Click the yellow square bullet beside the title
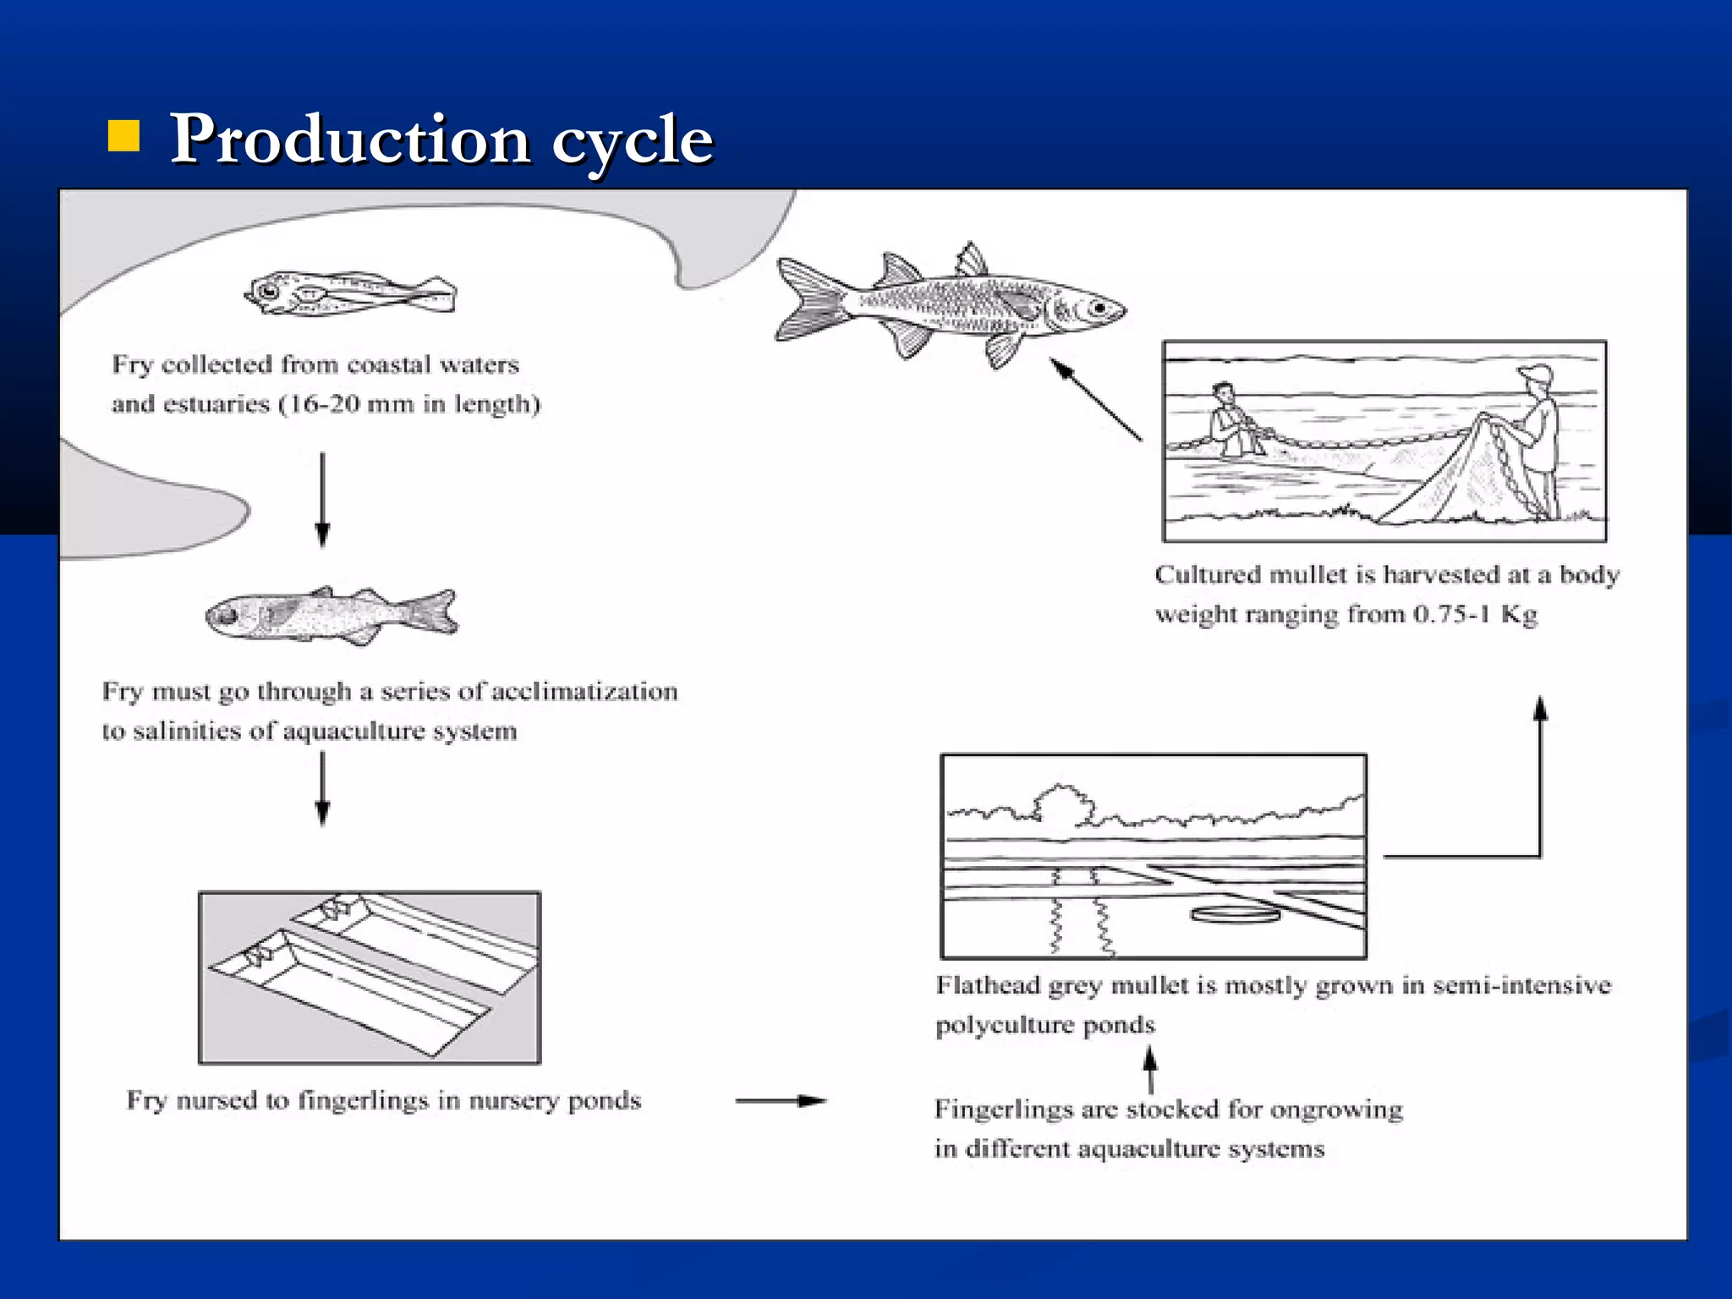(123, 136)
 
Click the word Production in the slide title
(350, 140)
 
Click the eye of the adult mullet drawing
(1099, 309)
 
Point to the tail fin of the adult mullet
(808, 300)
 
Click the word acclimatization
(584, 692)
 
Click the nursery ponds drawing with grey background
(370, 978)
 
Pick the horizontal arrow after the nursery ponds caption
(780, 1100)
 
